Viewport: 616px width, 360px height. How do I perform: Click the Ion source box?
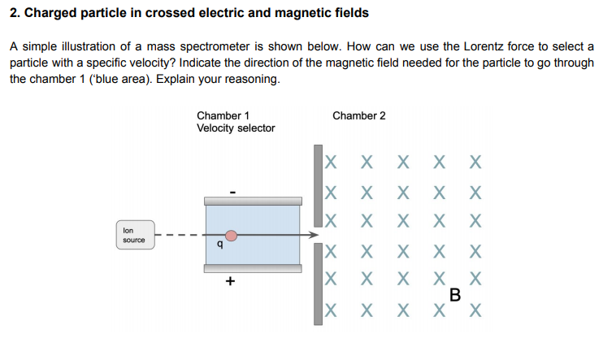(134, 236)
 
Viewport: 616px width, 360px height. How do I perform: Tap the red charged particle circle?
(232, 236)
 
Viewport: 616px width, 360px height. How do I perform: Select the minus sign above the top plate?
(232, 192)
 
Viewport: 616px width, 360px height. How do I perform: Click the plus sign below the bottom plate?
(231, 281)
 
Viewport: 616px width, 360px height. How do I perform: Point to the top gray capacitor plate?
(252, 201)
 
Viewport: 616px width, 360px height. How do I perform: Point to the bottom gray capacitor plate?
(252, 268)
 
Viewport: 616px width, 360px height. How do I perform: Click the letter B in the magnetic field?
(454, 295)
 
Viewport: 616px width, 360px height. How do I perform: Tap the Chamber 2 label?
(359, 115)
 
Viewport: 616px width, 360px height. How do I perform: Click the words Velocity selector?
(236, 128)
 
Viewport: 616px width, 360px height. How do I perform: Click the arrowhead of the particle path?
(311, 236)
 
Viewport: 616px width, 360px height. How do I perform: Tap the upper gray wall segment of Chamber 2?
(318, 186)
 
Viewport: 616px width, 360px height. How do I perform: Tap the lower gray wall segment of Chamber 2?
(318, 284)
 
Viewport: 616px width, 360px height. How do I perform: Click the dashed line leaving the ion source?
(175, 236)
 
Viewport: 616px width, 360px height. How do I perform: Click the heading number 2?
(14, 13)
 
